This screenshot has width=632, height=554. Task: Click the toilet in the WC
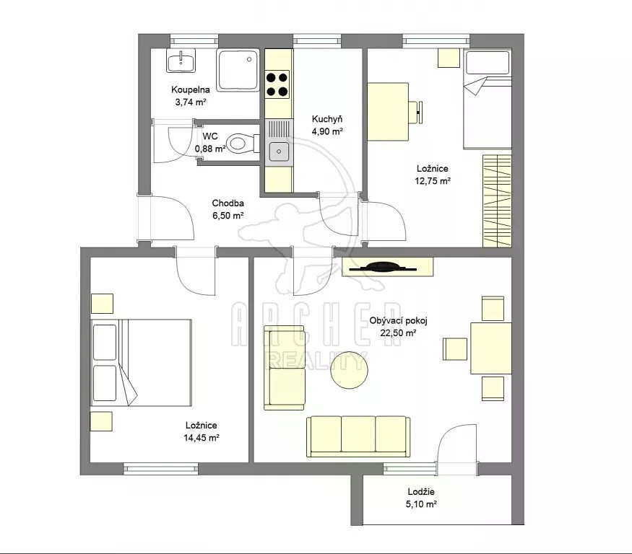point(243,144)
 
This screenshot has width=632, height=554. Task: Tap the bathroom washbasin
point(181,61)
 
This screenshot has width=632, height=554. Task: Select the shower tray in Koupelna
point(238,70)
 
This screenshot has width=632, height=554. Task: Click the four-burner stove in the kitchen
point(277,84)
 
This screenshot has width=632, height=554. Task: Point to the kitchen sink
point(279,151)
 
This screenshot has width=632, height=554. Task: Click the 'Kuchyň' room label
point(327,119)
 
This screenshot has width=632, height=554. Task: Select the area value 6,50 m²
point(228,216)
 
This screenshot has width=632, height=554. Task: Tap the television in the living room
point(383,268)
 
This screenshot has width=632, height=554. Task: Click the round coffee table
point(349,370)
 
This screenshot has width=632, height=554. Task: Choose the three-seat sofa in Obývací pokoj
point(358,436)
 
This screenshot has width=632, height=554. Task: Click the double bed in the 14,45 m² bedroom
point(141,363)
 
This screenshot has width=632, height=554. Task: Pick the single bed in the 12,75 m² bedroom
point(488,99)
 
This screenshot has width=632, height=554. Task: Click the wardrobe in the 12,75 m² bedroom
point(497,201)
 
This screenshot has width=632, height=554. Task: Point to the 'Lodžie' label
point(421,491)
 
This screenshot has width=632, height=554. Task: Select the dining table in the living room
point(491,348)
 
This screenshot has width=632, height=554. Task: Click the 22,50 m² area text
point(398,333)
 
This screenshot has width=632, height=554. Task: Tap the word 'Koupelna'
point(190,89)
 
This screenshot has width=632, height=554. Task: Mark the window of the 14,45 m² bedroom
point(161,468)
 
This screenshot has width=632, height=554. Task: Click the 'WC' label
point(210,136)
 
